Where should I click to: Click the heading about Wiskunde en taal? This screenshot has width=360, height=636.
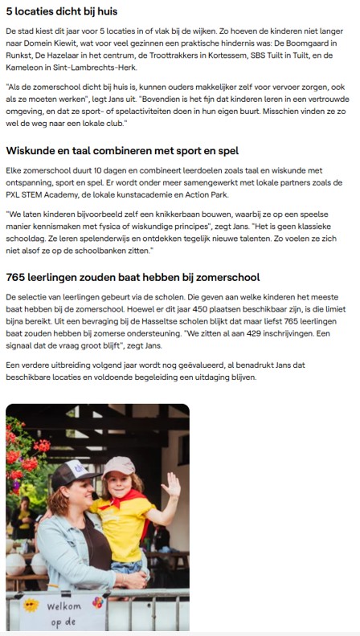pyautogui.click(x=122, y=150)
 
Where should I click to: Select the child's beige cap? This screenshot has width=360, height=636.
pyautogui.click(x=118, y=466)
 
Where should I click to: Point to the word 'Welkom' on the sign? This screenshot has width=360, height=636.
pyautogui.click(x=64, y=607)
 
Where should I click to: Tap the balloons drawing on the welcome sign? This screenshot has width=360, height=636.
pyautogui.click(x=98, y=602)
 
